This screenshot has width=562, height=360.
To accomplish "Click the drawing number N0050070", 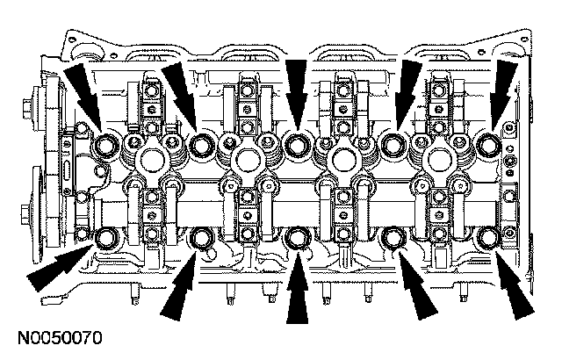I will click(57, 337).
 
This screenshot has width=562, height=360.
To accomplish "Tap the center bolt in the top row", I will click(299, 142).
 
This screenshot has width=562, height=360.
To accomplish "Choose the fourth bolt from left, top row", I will click(394, 142).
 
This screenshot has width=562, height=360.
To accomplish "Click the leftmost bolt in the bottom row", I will click(109, 236).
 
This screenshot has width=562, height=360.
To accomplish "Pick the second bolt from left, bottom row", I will click(203, 236).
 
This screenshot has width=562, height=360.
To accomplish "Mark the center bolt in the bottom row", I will click(299, 236).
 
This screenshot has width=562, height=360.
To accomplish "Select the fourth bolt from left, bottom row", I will click(394, 236).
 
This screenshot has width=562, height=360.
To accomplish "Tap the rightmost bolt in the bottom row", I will click(488, 236).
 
